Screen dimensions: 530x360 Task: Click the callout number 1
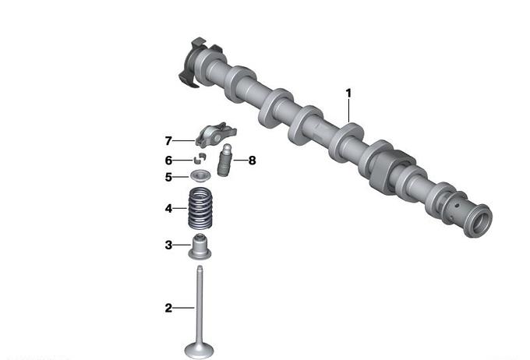coord(348,94)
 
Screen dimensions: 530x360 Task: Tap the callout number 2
coord(168,308)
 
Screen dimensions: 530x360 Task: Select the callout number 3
coord(168,245)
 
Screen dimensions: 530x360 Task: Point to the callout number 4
coord(168,209)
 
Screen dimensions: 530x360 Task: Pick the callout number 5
coord(168,177)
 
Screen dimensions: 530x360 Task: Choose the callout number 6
coord(168,161)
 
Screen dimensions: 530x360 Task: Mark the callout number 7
coord(168,140)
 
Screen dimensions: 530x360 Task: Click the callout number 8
coord(253,161)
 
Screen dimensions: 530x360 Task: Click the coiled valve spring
coord(200,209)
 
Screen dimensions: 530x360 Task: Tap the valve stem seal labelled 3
coord(200,247)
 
